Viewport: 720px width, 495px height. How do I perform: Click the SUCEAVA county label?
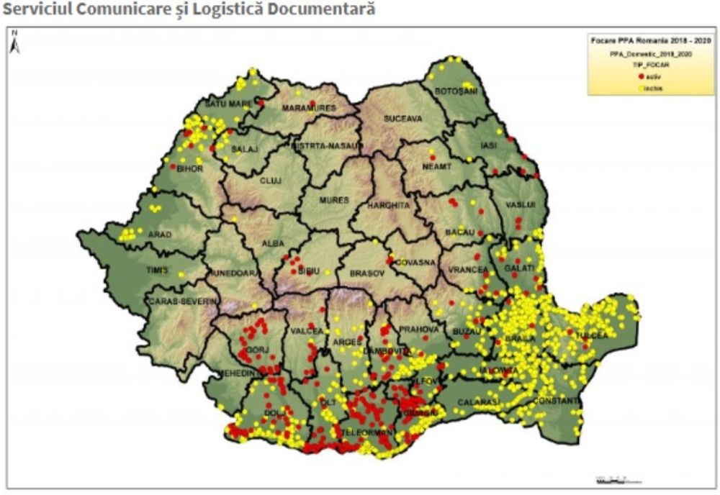[x=402, y=118]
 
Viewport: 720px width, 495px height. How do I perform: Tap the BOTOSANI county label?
[x=449, y=91]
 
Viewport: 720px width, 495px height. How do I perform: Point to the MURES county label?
[x=334, y=200]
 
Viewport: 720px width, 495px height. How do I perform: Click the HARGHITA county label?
[x=388, y=205]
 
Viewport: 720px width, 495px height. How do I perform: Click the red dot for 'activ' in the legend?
[x=641, y=76]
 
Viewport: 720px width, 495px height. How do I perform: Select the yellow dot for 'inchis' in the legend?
[x=641, y=88]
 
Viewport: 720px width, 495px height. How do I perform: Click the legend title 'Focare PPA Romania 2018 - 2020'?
[x=651, y=41]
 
